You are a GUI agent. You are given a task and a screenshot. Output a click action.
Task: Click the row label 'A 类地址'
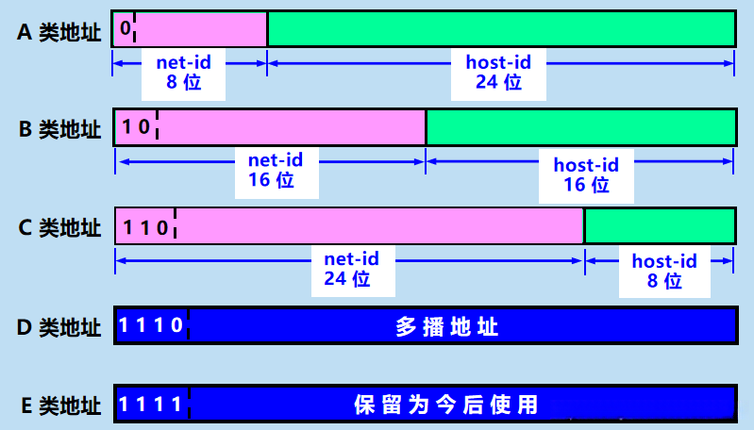coord(59,31)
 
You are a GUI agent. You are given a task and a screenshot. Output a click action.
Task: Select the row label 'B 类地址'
coord(59,129)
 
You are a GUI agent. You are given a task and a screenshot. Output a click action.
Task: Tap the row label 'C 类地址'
coord(59,227)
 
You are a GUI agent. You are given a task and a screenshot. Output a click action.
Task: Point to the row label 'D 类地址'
coord(59,327)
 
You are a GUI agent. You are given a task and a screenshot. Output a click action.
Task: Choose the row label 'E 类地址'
coord(59,405)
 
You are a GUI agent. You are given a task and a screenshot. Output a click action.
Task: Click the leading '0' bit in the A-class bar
coord(125,29)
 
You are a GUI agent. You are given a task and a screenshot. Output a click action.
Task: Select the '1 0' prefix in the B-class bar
coord(136,127)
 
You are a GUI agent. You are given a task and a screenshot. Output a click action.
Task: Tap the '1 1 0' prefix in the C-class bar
coord(145,226)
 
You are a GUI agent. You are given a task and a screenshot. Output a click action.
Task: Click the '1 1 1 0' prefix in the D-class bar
coord(151,326)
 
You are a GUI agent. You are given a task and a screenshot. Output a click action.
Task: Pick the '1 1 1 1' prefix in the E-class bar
coord(151,405)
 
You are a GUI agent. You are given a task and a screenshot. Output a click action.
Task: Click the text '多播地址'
coord(447,327)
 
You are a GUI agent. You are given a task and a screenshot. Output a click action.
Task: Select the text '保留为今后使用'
coord(446,405)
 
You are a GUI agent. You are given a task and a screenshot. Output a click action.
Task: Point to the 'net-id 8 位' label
coord(183,73)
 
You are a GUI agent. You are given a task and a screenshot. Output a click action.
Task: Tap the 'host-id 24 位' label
coord(498,73)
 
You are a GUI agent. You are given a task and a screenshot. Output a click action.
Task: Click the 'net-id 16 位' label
coord(272,170)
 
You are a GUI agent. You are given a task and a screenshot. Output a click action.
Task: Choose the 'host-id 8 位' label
coord(664,271)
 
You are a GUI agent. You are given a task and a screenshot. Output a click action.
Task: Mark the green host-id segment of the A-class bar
coord(500,29)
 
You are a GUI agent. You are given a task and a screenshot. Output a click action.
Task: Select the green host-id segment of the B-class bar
coord(579,127)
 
